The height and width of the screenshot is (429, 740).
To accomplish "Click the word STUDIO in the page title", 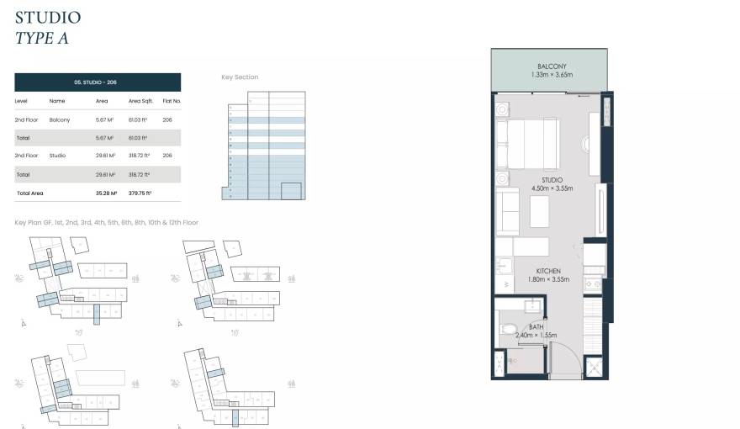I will pyautogui.click(x=48, y=17).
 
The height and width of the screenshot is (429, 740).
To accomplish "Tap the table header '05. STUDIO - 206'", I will pyautogui.click(x=98, y=82).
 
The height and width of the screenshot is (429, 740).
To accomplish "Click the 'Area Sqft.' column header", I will pyautogui.click(x=139, y=101).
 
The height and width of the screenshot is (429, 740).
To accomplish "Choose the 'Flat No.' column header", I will pyautogui.click(x=172, y=101).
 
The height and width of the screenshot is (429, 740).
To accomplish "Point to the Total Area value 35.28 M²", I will pyautogui.click(x=106, y=193).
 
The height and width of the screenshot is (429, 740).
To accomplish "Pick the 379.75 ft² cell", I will pyautogui.click(x=139, y=193).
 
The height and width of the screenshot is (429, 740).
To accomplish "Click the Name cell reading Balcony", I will pyautogui.click(x=60, y=120).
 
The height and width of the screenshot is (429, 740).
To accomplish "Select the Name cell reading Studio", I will pyautogui.click(x=57, y=156).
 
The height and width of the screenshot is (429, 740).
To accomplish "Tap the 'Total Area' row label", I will pyautogui.click(x=29, y=193).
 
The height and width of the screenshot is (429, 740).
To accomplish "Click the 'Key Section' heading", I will pyautogui.click(x=240, y=77).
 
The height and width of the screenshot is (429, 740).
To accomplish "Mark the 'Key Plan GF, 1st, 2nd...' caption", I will pyautogui.click(x=106, y=223).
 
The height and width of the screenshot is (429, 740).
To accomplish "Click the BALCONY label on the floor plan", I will pyautogui.click(x=552, y=66).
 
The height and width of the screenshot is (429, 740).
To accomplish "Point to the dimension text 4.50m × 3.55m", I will pyautogui.click(x=552, y=188).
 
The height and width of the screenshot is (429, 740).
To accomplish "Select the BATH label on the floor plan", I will pyautogui.click(x=536, y=327).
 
